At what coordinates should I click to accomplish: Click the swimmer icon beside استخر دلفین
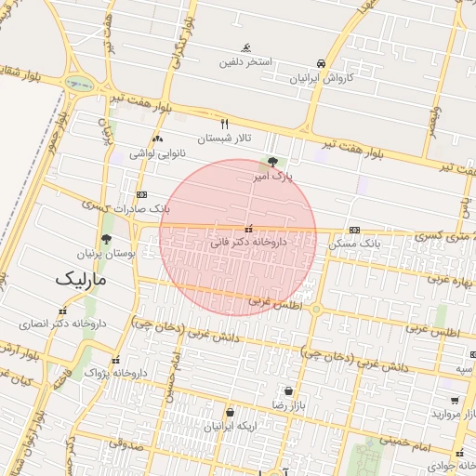pyautogui.click(x=245, y=48)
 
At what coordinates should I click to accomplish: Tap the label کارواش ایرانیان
pyautogui.click(x=321, y=79)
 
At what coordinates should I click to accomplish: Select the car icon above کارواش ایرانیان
pyautogui.click(x=321, y=63)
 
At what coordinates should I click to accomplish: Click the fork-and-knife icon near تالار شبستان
pyautogui.click(x=224, y=123)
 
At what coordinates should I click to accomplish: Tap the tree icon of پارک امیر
pyautogui.click(x=271, y=162)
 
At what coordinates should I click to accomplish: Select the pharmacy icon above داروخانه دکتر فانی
pyautogui.click(x=247, y=228)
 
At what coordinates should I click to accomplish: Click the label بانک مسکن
pyautogui.click(x=355, y=244)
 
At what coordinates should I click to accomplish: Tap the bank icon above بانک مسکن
pyautogui.click(x=354, y=230)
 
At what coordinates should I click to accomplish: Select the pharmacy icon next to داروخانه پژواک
pyautogui.click(x=115, y=361)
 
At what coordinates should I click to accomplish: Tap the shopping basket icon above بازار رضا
pyautogui.click(x=289, y=391)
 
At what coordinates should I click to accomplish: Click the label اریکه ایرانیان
pyautogui.click(x=229, y=426)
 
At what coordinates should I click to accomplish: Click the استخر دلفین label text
pyautogui.click(x=245, y=62)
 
